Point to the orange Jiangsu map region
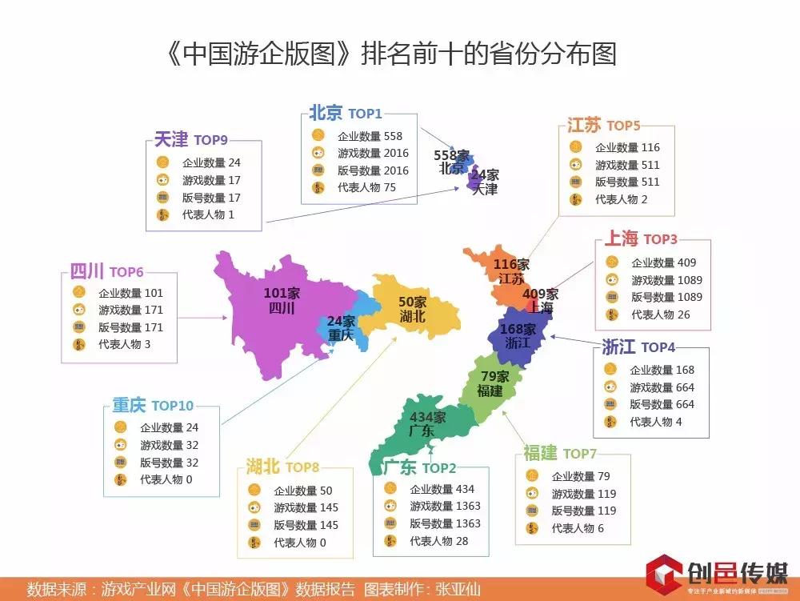tap(496, 276)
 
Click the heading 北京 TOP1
tap(346, 114)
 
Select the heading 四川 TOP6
tap(104, 272)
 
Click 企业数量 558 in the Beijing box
tap(370, 136)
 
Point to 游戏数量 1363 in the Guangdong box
tap(445, 506)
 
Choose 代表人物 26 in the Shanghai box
tap(661, 315)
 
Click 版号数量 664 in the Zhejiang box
tap(662, 404)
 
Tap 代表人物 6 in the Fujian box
tap(578, 528)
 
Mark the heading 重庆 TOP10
tap(153, 406)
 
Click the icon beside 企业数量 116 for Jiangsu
tap(575, 147)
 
